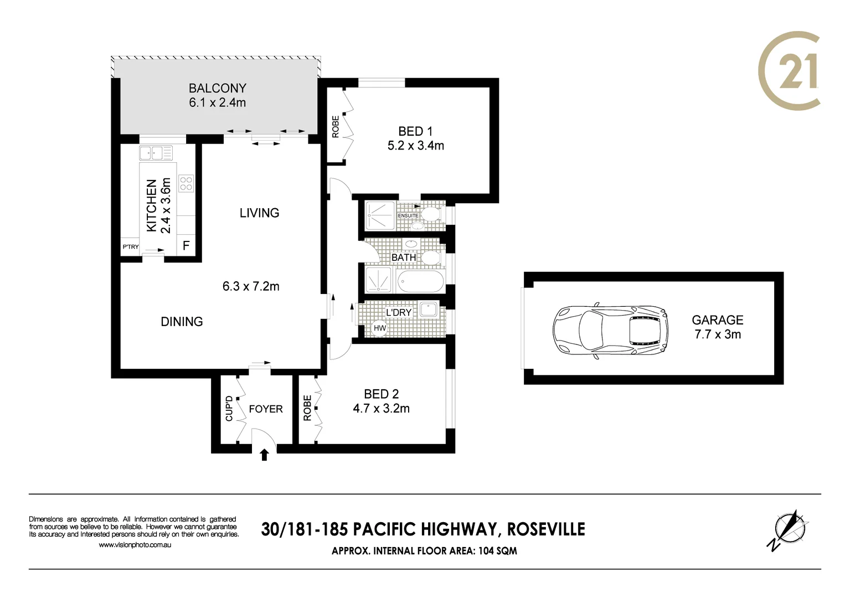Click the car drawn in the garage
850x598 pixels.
[610, 331]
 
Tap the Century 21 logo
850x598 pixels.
[789, 70]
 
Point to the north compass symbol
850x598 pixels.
[789, 529]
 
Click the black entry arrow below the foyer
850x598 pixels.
[264, 455]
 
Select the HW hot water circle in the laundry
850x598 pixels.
[379, 328]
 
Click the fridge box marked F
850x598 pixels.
[186, 245]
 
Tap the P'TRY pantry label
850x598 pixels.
[131, 247]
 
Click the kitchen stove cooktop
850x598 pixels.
[186, 183]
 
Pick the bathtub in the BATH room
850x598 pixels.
[421, 281]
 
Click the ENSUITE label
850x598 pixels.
[408, 215]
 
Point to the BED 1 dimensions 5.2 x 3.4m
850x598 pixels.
[415, 146]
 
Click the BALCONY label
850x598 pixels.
[217, 88]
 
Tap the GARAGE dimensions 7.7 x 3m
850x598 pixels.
[717, 334]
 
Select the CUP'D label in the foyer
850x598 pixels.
[229, 409]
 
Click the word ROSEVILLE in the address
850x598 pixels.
[546, 529]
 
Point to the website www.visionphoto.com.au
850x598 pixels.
[135, 545]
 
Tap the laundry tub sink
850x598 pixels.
[429, 309]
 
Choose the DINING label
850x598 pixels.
[182, 322]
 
